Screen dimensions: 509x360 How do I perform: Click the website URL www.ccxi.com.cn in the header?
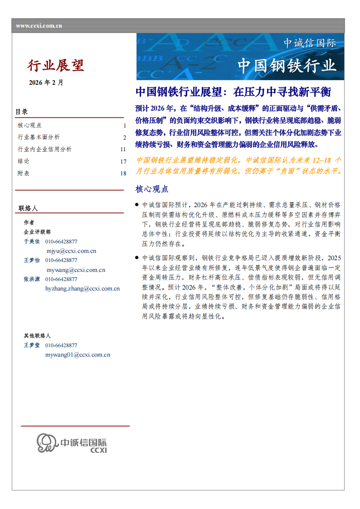coord(39,26)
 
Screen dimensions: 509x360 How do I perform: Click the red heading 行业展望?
coord(56,66)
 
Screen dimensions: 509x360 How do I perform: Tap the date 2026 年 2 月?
coord(46,82)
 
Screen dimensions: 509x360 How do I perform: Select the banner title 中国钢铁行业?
coord(287,66)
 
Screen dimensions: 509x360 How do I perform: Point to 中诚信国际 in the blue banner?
coord(310,43)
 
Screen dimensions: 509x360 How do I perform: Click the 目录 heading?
coord(22,111)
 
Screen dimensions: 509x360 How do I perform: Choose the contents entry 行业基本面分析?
coord(39,137)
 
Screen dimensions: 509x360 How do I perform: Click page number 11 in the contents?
coord(123,149)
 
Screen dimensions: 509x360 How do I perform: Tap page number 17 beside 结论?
coord(123,161)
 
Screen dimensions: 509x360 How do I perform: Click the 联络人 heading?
coord(28,208)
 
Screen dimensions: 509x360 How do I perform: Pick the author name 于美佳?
coord(32,242)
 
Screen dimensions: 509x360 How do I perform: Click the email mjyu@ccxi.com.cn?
coord(71,251)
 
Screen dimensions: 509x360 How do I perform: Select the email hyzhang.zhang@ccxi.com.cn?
coord(83,288)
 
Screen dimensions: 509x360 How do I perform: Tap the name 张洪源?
coord(32,279)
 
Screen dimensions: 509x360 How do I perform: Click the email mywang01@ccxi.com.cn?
coord(78,354)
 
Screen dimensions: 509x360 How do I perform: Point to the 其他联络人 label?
coord(37,336)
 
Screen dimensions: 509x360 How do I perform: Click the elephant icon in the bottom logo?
coord(47,442)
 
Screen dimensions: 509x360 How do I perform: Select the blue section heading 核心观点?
coord(152,189)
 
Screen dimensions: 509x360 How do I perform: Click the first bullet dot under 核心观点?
coord(137,205)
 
